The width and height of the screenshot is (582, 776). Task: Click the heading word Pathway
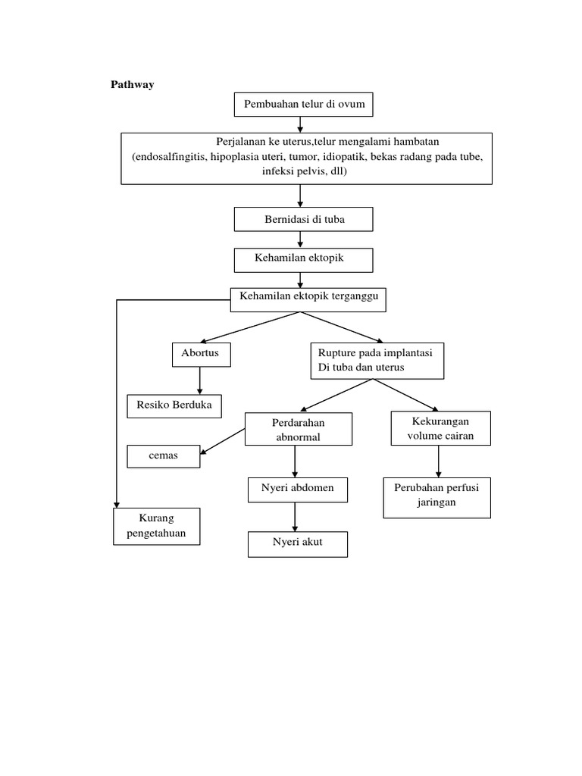133,85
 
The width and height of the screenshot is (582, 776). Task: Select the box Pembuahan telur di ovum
304,104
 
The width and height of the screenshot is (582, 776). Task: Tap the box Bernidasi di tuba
304,219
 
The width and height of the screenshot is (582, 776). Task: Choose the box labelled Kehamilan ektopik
304,259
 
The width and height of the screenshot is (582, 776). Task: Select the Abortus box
200,354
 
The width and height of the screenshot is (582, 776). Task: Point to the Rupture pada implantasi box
377,361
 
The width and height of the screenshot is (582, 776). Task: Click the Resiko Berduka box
174,406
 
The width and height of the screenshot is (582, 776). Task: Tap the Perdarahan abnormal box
299,429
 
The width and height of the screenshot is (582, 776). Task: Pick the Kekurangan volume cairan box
440,428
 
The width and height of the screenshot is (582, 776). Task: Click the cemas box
163,457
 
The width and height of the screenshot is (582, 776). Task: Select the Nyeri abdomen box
298,490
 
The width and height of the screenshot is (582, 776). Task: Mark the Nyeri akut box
298,544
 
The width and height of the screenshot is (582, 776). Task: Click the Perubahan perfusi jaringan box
436,497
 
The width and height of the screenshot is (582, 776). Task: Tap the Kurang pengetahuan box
157,526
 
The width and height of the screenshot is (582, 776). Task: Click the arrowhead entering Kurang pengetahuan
117,503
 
